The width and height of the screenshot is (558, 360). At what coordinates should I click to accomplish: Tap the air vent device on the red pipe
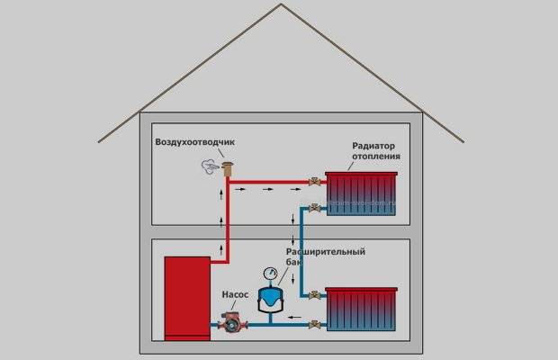point(228,167)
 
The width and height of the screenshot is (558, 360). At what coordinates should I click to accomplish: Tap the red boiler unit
point(186,296)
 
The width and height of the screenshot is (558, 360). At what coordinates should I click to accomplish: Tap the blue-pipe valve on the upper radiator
point(313,209)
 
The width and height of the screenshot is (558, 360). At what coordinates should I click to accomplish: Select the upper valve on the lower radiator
point(313,294)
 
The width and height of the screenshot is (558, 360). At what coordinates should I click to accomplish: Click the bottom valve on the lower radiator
point(313,323)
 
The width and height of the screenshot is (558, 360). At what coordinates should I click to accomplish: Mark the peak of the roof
point(279,5)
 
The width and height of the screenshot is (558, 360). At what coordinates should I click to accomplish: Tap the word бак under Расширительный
point(292,261)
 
